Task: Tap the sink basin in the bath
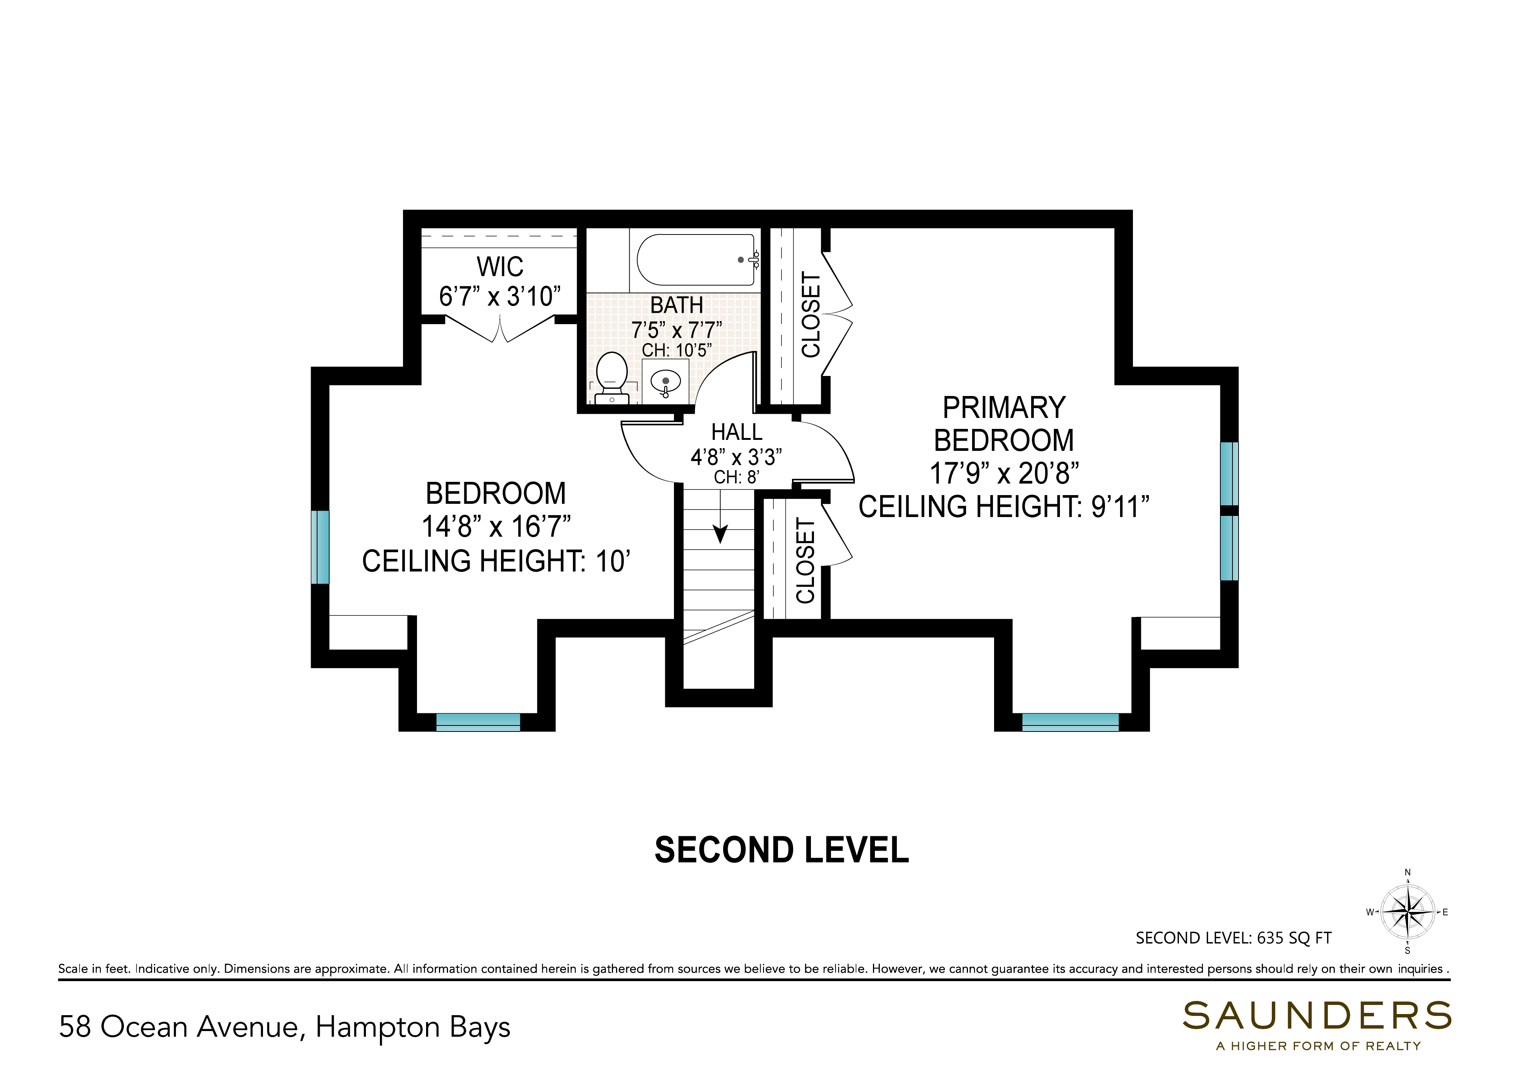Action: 665,382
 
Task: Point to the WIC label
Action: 500,267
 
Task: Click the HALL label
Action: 736,432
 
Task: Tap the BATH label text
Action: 677,305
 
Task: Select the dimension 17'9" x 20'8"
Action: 1004,474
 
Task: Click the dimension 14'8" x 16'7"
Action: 496,527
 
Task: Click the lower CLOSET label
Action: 806,561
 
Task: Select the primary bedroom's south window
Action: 1070,722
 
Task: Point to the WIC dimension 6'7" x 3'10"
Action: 500,297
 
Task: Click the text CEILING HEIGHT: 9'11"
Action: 1004,507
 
